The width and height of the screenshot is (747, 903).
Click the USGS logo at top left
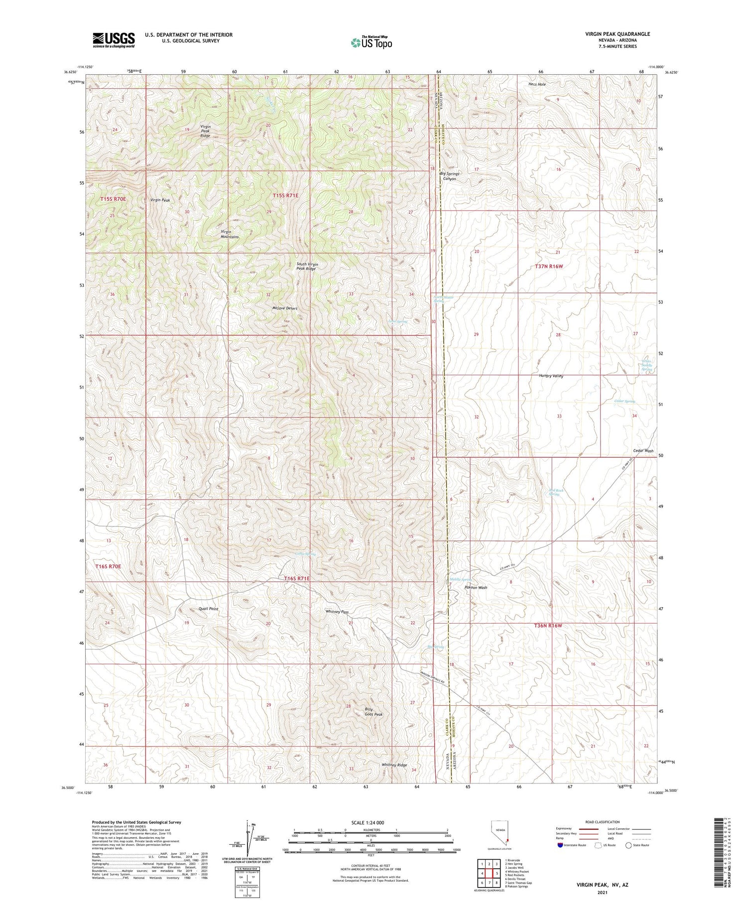(114, 40)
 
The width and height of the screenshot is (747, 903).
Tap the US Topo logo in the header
(371, 43)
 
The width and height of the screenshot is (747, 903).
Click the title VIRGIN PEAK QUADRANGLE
(618, 34)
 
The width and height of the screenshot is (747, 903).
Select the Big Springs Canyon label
(449, 176)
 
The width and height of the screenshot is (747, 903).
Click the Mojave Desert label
(285, 308)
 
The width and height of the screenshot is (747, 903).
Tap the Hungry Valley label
(551, 376)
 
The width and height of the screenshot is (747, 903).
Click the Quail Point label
(208, 609)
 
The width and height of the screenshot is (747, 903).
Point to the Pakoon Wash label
(476, 588)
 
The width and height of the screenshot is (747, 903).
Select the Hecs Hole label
(537, 85)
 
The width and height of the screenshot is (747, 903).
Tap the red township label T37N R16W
(549, 266)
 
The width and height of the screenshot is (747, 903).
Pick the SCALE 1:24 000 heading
(371, 822)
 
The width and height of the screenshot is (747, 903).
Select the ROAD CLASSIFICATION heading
(603, 822)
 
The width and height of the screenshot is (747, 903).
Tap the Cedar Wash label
(643, 451)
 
